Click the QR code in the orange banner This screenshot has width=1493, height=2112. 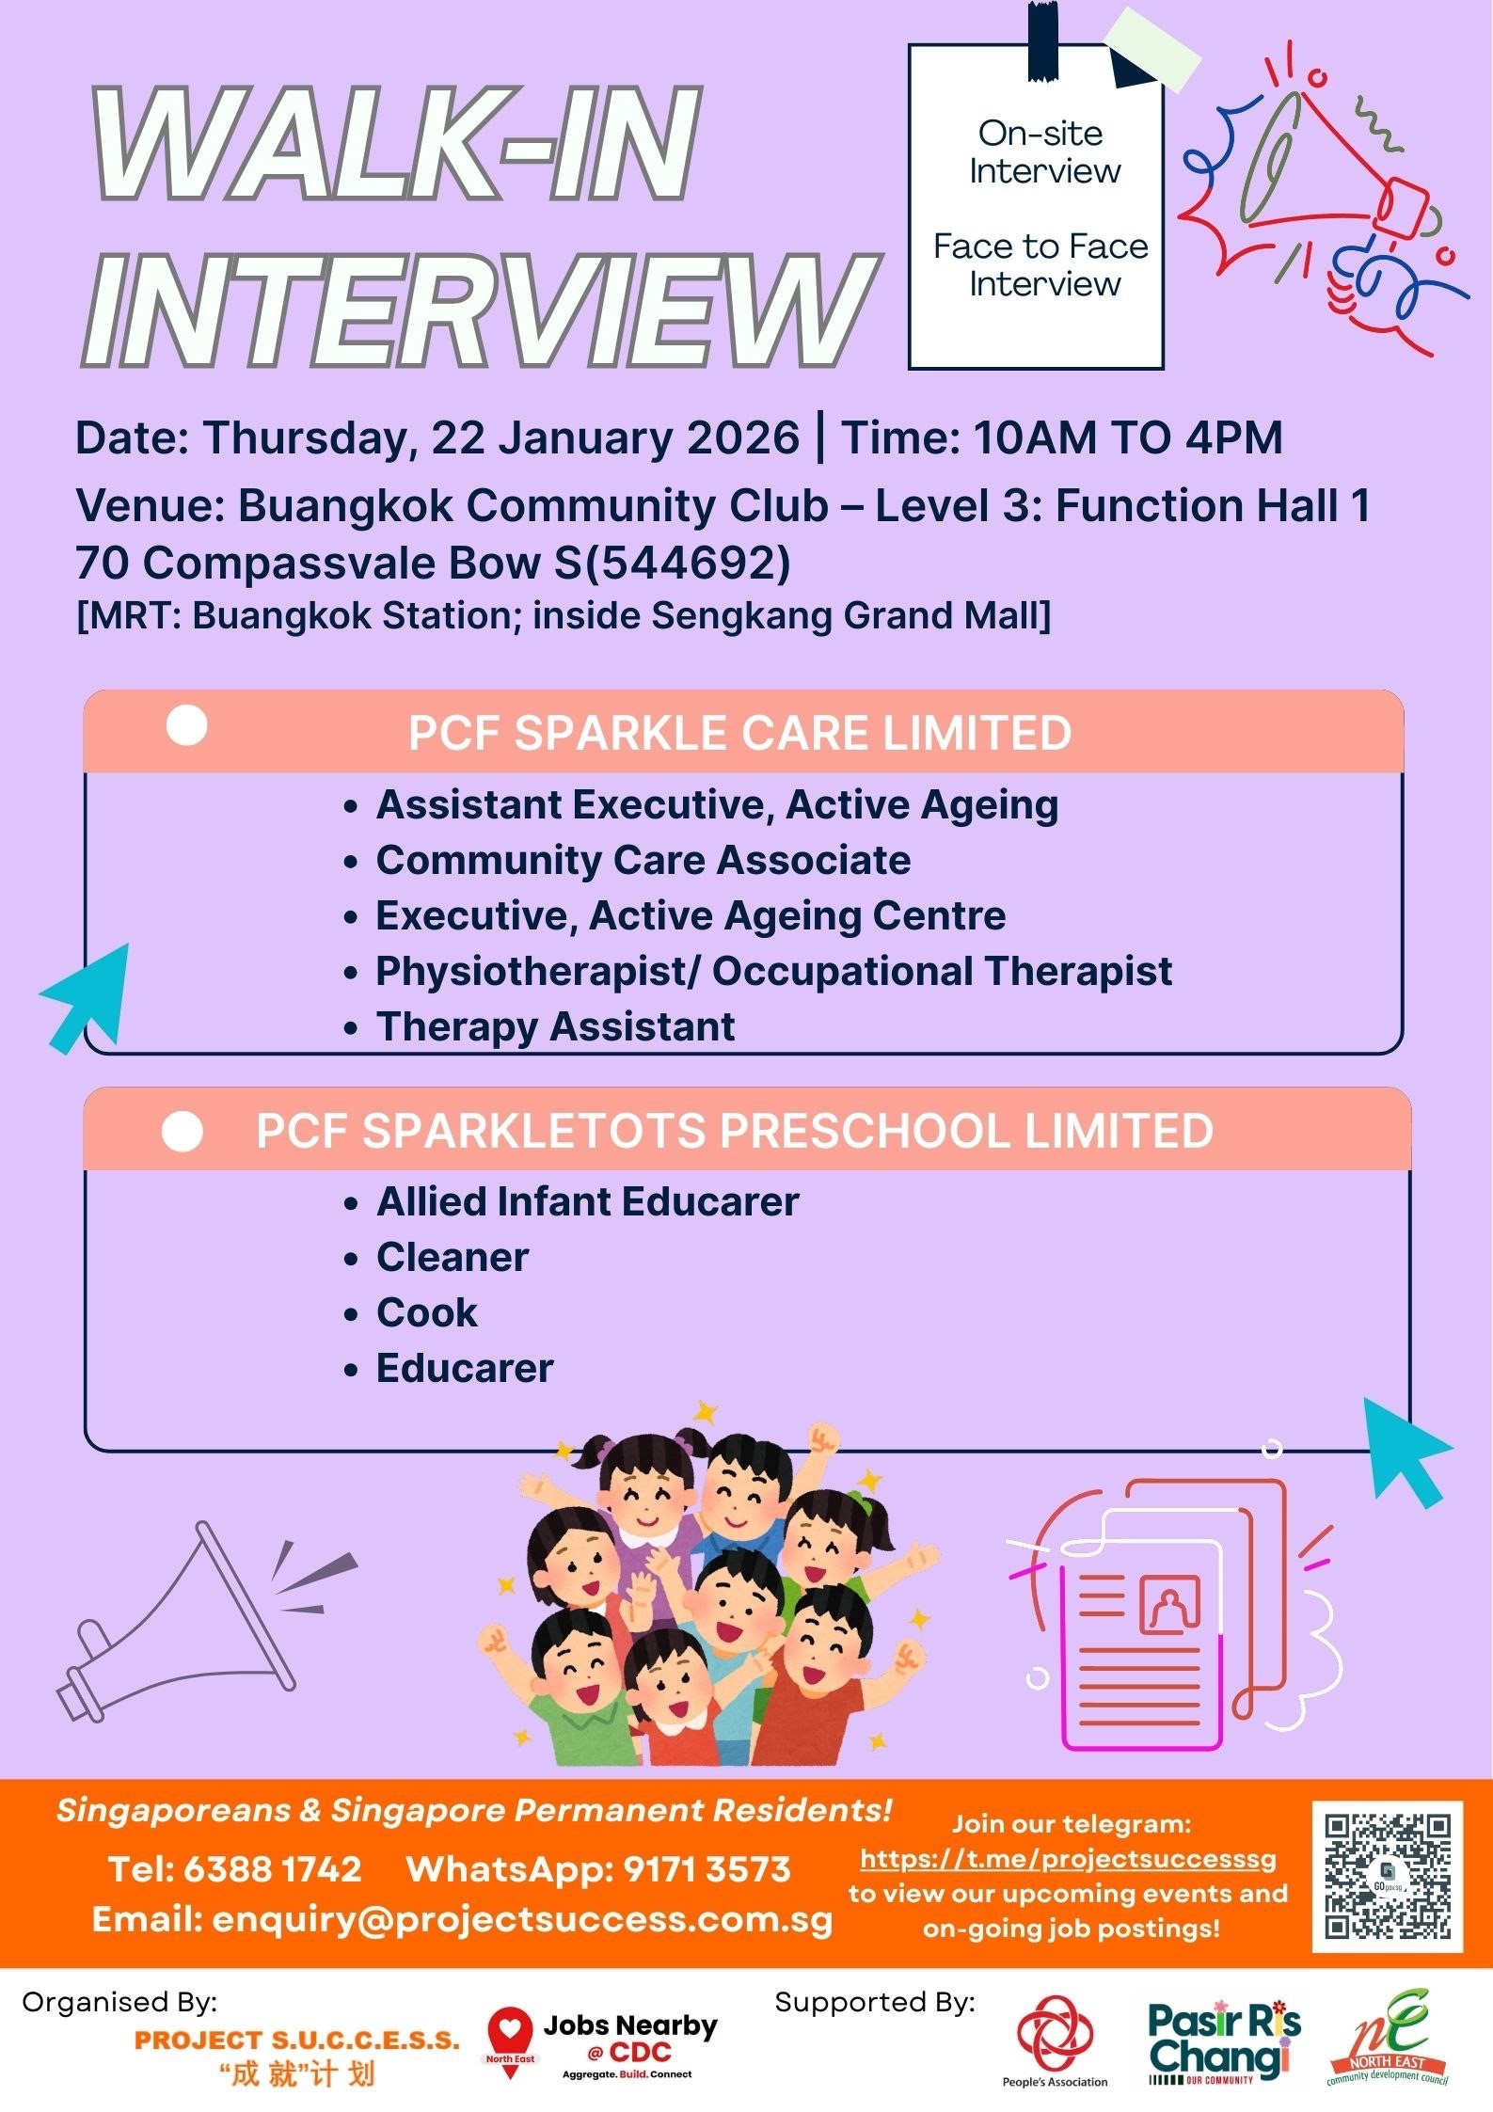click(x=1388, y=1877)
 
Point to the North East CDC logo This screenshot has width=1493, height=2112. click(x=1388, y=2037)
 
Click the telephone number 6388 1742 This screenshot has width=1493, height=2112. click(x=272, y=1868)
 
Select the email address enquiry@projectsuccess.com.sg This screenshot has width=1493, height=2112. click(x=522, y=1919)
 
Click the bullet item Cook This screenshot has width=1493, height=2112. click(x=427, y=1312)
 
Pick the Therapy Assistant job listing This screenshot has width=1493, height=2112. click(x=555, y=1026)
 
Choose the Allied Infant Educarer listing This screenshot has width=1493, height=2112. click(x=588, y=1201)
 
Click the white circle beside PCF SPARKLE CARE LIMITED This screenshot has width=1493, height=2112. click(x=186, y=726)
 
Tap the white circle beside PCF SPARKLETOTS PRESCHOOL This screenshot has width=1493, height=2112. click(x=183, y=1131)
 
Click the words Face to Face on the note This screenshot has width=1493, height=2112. click(x=1040, y=246)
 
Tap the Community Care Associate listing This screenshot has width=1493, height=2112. click(x=643, y=861)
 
